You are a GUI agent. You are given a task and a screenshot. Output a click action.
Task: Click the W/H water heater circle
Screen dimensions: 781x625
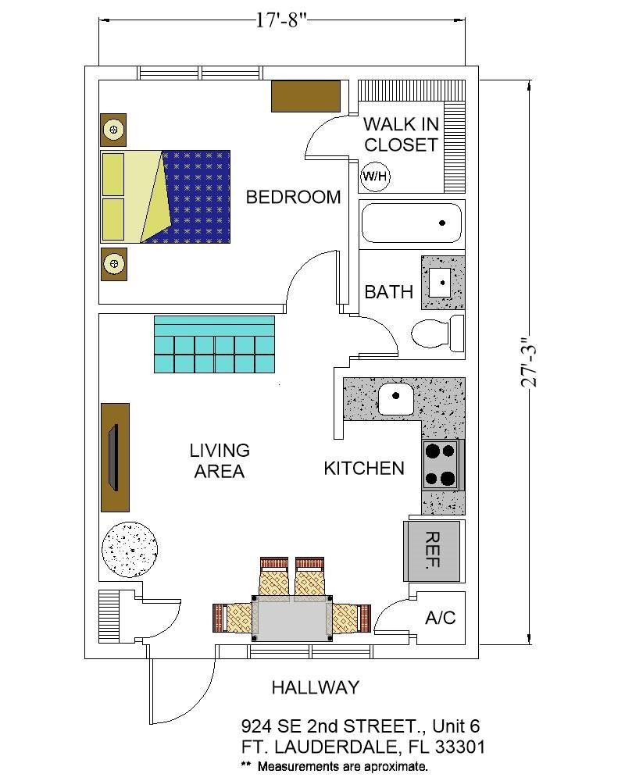pos(375,177)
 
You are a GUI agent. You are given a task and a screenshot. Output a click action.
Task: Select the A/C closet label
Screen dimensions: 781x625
pos(440,618)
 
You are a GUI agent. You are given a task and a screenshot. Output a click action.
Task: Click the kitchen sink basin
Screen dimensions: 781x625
pos(396,400)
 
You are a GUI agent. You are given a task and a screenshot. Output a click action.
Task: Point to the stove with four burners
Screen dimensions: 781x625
pos(441,465)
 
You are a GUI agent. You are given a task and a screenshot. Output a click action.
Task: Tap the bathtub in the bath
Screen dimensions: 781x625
pos(411,223)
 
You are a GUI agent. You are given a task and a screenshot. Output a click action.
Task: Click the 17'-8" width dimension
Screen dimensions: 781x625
pos(280,20)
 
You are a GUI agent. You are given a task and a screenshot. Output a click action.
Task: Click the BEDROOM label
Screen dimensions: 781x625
pos(293,198)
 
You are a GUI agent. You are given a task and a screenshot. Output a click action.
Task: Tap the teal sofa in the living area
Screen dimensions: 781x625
pos(215,344)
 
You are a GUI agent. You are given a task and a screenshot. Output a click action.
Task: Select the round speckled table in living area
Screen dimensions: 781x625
pos(130,550)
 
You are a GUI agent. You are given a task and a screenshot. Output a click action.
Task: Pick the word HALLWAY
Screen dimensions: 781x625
pos(315,688)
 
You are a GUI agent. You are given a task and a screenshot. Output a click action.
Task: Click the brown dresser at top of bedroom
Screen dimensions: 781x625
pos(305,96)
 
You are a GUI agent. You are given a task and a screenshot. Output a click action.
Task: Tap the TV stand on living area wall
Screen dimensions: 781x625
pos(115,457)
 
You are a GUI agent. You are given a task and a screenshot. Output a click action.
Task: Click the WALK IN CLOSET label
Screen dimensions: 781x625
pos(401,134)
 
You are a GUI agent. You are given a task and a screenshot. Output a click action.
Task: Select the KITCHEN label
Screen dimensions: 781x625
pos(364,469)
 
